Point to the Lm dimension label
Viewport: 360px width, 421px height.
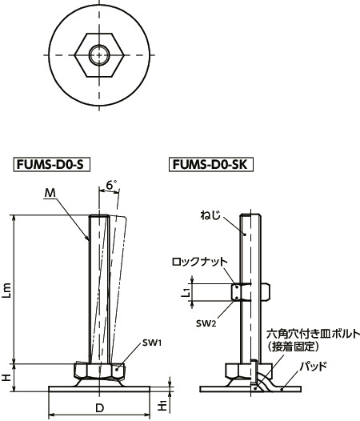click(8, 293)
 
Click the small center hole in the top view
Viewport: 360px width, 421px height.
click(99, 55)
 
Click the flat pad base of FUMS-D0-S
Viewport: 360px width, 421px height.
click(100, 389)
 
